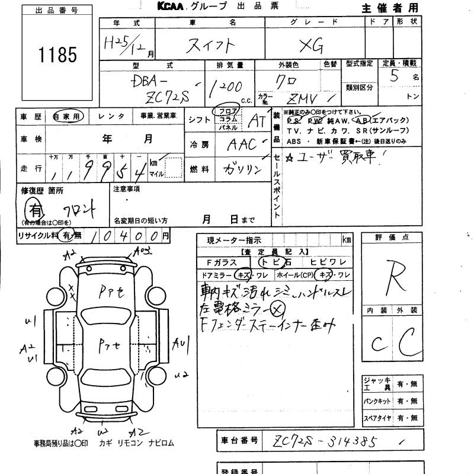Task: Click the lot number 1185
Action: pyautogui.click(x=57, y=55)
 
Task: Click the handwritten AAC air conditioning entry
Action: pyautogui.click(x=241, y=144)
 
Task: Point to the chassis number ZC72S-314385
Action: pyautogui.click(x=325, y=441)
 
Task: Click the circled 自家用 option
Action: pyautogui.click(x=68, y=117)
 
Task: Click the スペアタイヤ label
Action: pyautogui.click(x=377, y=418)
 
